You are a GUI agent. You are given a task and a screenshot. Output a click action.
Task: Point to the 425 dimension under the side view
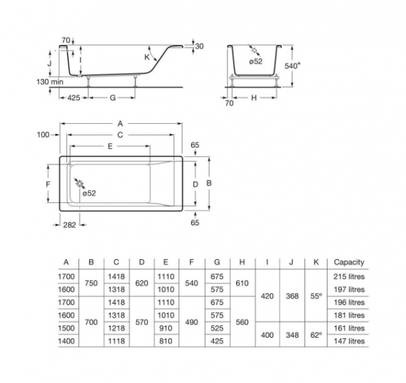74,98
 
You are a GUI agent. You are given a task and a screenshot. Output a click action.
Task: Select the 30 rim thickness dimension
199,46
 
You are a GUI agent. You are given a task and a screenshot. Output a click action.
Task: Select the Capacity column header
349,263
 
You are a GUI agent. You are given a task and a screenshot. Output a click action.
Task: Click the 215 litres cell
349,277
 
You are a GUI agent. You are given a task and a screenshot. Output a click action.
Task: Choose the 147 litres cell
349,341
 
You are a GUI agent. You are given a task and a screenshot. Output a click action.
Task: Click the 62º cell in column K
315,334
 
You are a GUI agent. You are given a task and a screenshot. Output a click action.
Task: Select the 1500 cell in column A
66,328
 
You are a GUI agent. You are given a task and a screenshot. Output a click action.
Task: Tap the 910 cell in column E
166,328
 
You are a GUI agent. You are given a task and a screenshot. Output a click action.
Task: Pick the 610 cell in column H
242,283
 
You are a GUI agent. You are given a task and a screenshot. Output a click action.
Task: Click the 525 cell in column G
217,328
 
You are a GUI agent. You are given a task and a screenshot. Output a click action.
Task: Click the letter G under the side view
113,98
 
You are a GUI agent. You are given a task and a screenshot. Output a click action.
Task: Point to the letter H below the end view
253,98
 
